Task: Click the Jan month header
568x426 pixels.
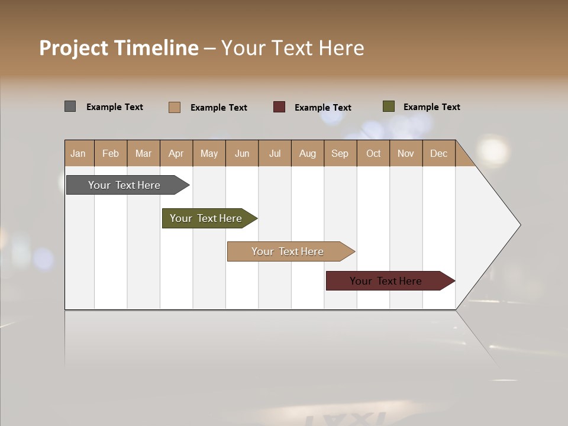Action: coord(79,153)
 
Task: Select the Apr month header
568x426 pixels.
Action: coord(176,153)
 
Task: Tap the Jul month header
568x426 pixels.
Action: coord(275,153)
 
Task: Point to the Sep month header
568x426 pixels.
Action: coord(340,153)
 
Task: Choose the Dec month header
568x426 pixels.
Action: coord(438,153)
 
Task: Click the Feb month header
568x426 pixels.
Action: coord(111,153)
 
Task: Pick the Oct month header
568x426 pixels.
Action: coord(373,153)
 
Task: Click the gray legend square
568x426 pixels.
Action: coord(70,106)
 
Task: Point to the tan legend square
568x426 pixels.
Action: coord(175,107)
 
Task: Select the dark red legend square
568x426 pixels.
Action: coord(279,107)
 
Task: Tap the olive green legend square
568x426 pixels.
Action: coord(389,106)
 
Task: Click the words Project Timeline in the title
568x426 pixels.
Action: coord(119,48)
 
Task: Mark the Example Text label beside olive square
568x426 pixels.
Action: coord(431,107)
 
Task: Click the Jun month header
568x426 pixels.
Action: coord(242,153)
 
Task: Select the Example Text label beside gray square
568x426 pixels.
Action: coord(115,107)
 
